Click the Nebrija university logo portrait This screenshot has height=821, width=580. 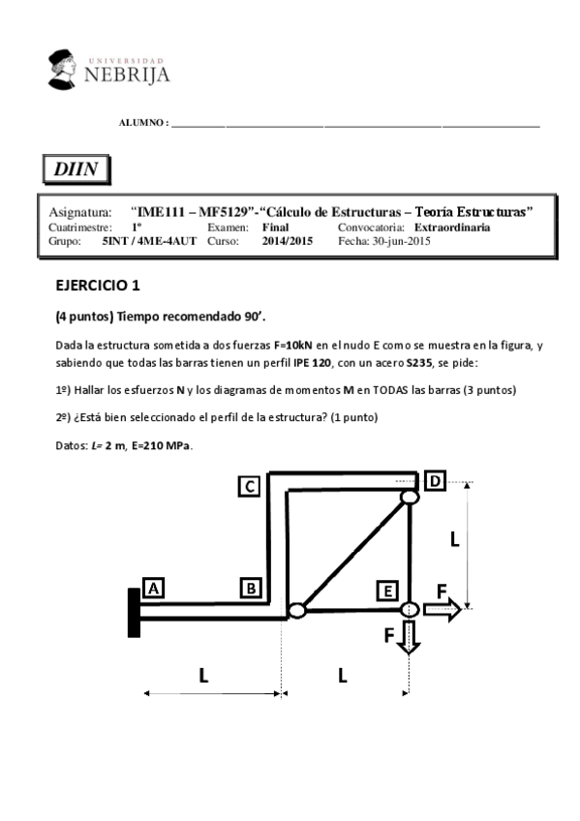66,67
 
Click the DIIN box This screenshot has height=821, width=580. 76,169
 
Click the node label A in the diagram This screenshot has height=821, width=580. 153,587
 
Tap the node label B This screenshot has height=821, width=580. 251,587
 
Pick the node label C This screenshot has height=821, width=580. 250,486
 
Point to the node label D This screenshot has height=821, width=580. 435,480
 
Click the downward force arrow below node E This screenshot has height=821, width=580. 409,636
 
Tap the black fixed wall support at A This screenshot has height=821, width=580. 134,612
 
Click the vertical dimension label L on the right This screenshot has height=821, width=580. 454,540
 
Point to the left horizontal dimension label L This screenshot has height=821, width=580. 203,676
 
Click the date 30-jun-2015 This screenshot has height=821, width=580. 402,241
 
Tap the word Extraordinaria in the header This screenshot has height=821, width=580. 458,228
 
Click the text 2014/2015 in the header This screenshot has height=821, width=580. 288,241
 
